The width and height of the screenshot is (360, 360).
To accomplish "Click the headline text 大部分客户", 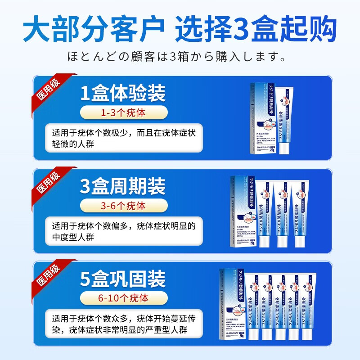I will tap(93, 29).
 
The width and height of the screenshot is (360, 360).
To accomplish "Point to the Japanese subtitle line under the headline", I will tap(180, 57).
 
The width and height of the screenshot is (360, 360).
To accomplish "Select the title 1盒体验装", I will tap(123, 93).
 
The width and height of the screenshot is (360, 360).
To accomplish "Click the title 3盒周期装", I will tap(123, 186).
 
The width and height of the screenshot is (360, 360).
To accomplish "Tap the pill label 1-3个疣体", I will tap(123, 112).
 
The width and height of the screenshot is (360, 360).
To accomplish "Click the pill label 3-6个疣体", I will tap(123, 206).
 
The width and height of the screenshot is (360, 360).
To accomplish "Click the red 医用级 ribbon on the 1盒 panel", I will tap(49, 91).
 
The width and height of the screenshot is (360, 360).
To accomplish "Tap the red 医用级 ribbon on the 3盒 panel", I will tap(49, 184).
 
